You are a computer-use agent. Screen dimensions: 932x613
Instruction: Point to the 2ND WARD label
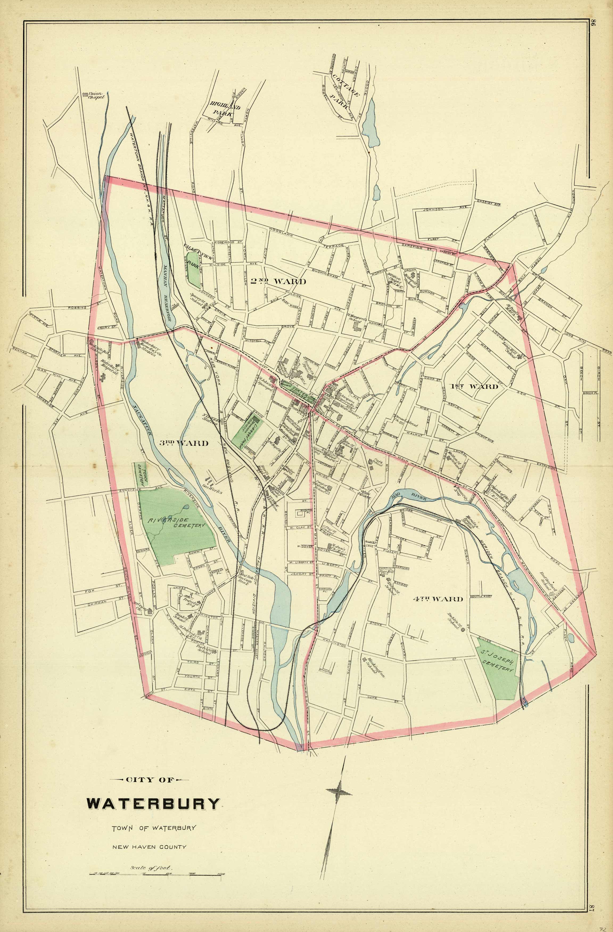[278, 281]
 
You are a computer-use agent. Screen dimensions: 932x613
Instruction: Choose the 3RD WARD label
[184, 443]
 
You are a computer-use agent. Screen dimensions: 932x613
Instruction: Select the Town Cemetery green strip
[139, 474]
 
